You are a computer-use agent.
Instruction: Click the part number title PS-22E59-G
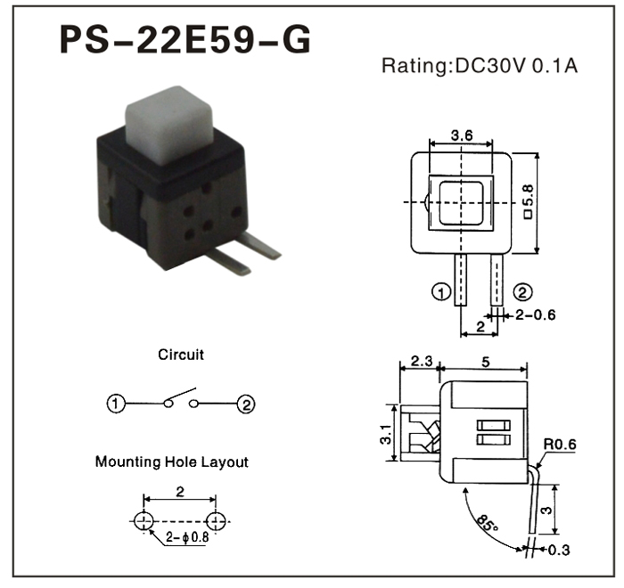coord(185,39)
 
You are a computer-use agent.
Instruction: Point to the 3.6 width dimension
coord(462,135)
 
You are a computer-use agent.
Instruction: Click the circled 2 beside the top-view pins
coord(523,291)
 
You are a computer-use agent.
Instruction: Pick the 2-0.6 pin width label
coord(536,314)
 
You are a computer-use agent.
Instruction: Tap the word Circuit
coord(181,355)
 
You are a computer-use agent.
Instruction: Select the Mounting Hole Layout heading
coord(172,462)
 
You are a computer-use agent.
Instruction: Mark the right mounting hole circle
coord(215,520)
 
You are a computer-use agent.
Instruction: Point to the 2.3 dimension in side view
coord(420,362)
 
